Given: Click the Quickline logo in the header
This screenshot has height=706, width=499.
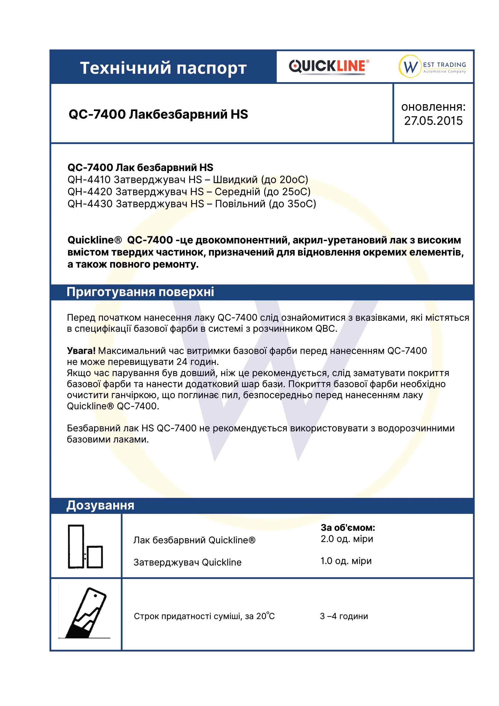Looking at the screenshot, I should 329,66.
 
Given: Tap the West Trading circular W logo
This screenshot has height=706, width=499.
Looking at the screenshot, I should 410,66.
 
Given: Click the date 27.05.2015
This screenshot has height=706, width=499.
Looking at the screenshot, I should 433,121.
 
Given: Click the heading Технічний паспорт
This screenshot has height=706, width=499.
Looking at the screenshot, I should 163,68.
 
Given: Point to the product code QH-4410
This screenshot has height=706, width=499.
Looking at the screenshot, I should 89,180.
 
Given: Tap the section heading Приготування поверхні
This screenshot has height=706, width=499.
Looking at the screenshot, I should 140,292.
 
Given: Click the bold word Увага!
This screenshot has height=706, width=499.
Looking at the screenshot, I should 81,350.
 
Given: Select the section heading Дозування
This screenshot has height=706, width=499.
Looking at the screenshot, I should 101,506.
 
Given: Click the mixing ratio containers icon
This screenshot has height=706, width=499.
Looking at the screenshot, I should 85,546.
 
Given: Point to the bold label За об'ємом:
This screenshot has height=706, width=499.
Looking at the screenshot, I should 348,528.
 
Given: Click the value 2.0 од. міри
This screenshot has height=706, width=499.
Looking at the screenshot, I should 347,539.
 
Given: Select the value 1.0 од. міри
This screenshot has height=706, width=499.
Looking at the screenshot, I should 346,561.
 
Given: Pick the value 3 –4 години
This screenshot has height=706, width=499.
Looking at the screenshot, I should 344,616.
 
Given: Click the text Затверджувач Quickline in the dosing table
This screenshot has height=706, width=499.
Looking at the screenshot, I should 187,562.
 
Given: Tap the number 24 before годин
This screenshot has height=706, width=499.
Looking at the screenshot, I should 182,362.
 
